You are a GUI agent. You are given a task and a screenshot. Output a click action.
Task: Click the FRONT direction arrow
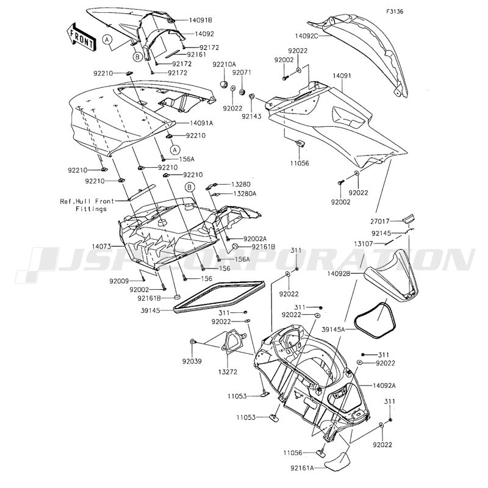point(81,37)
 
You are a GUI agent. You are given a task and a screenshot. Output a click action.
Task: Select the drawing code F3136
point(395,12)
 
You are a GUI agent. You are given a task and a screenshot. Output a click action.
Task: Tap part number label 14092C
point(307,36)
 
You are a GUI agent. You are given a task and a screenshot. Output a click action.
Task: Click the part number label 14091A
point(201,123)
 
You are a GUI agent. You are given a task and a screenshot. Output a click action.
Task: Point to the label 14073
point(101,246)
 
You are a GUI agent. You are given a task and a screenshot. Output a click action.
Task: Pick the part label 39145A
point(333,329)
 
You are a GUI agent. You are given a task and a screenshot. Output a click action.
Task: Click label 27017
point(379,221)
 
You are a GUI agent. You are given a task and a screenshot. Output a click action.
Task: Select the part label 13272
point(228,371)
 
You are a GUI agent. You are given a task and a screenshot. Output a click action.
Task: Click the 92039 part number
point(192,361)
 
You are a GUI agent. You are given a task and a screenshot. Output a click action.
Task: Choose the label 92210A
point(224,65)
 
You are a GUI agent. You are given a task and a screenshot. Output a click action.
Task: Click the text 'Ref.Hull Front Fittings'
point(87,205)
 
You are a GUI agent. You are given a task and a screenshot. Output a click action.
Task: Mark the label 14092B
point(339,273)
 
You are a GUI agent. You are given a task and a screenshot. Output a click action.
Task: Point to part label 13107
point(363,243)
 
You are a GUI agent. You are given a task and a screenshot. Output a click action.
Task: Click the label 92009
point(119,281)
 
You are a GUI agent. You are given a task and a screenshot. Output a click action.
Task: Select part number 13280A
point(245,193)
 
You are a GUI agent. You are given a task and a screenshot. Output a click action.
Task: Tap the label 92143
point(251,117)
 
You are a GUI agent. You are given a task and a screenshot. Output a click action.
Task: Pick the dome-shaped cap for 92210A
point(224,84)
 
